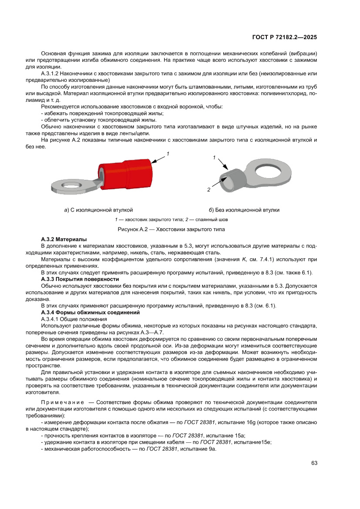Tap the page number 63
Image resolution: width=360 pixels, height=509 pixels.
(314, 463)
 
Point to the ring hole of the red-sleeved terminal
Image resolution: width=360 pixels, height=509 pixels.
(70, 185)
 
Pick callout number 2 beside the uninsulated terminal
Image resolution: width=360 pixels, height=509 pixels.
(209, 190)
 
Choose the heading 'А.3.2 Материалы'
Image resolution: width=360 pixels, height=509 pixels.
(64, 239)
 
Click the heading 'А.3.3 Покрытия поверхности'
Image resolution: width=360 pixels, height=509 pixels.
(80, 279)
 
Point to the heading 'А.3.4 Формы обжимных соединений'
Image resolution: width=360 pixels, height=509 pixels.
(90, 313)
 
